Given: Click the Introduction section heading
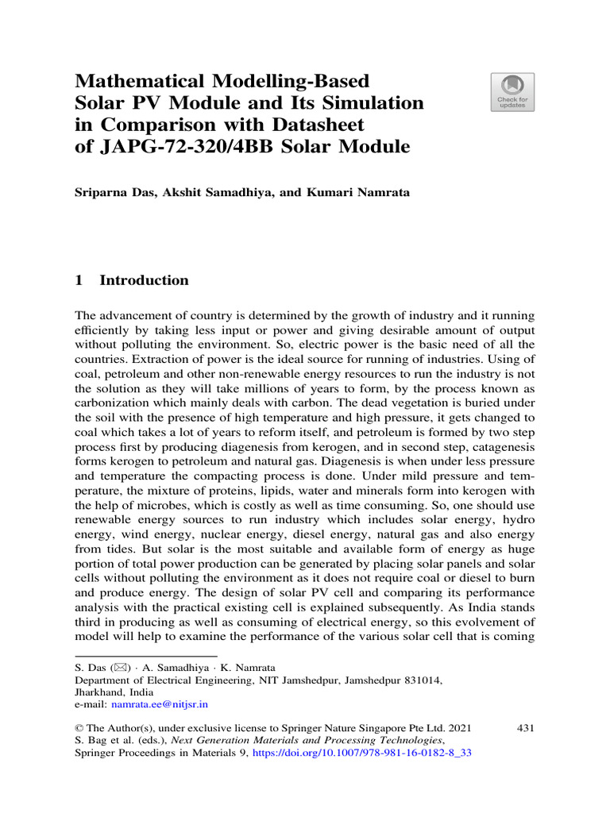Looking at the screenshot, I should (144, 280).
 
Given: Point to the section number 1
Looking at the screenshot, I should (79, 280).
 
